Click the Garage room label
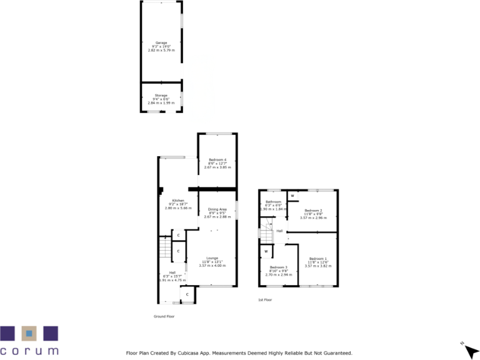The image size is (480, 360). (161, 43)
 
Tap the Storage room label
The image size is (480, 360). (161, 95)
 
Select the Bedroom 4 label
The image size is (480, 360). (217, 160)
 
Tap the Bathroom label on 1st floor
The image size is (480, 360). (273, 201)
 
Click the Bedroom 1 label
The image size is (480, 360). (317, 259)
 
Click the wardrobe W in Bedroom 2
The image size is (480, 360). (292, 196)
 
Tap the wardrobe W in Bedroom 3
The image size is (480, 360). (266, 252)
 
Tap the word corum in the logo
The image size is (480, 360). (29, 351)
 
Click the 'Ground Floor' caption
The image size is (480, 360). (164, 317)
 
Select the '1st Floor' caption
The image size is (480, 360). (265, 300)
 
